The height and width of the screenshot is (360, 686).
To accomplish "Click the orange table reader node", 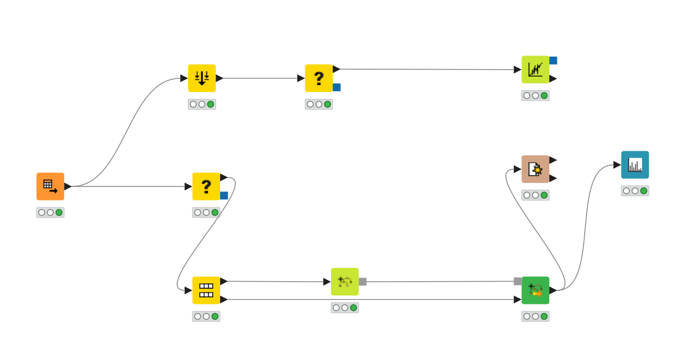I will click(50, 186).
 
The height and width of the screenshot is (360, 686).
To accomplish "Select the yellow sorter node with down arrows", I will click(202, 78).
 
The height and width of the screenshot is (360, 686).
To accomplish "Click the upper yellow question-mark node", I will click(318, 78).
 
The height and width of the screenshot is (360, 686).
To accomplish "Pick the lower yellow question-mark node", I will click(206, 186).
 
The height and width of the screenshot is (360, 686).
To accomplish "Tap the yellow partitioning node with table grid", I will click(206, 290).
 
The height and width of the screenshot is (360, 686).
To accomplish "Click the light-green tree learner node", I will click(345, 282).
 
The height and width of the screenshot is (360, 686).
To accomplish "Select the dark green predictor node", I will click(535, 290).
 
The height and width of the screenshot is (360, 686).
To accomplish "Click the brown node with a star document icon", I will click(535, 169).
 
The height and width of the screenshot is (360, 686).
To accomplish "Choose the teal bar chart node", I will click(635, 165).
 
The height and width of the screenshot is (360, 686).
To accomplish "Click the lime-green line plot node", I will click(535, 70).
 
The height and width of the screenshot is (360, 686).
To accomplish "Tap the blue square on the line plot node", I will click(553, 61).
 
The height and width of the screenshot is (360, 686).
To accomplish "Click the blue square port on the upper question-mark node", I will click(337, 87).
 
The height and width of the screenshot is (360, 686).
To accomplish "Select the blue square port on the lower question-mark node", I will click(224, 195).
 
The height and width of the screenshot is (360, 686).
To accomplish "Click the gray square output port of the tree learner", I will click(362, 282).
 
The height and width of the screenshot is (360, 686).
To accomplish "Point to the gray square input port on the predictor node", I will click(517, 281).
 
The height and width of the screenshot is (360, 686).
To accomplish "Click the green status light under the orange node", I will click(59, 213).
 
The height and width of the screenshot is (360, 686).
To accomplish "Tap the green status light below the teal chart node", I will click(644, 191).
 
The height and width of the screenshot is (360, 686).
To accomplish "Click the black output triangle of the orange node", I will click(67, 186).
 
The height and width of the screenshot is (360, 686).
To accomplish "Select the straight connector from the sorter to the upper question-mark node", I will click(260, 78).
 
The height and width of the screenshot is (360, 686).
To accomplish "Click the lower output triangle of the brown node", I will click(553, 178).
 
